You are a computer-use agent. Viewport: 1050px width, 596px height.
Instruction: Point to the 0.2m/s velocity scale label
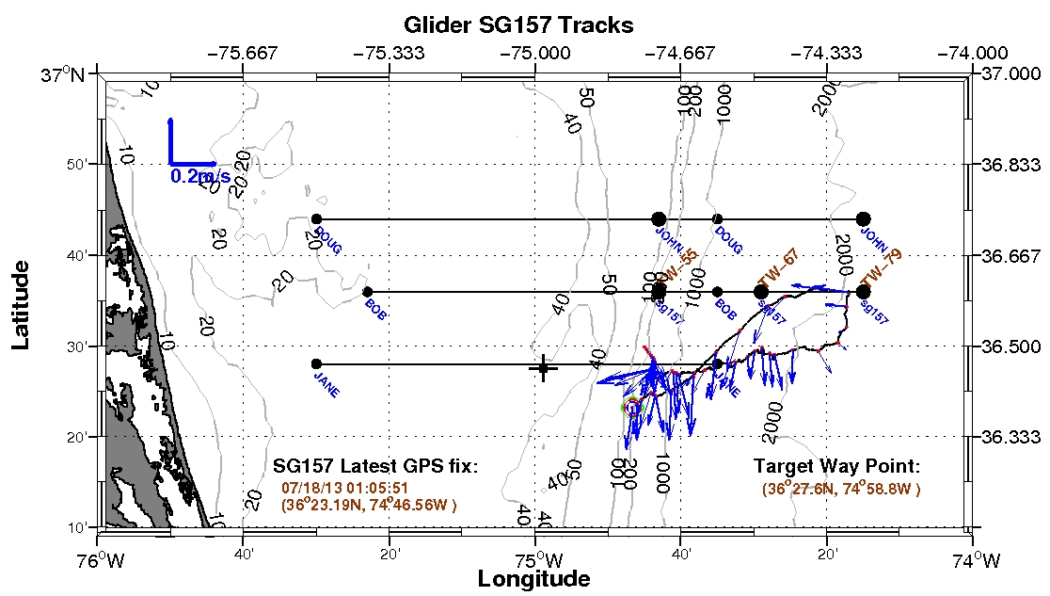click(200, 176)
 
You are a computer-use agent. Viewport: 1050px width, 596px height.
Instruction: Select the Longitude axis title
click(533, 578)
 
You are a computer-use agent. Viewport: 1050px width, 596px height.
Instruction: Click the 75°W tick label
click(535, 560)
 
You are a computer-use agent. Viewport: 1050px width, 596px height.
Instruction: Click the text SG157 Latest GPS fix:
click(375, 466)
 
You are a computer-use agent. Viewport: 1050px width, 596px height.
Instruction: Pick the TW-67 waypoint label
click(776, 268)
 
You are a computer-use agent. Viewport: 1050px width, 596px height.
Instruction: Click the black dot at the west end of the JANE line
click(316, 364)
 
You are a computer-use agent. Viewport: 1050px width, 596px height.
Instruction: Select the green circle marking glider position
click(632, 407)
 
